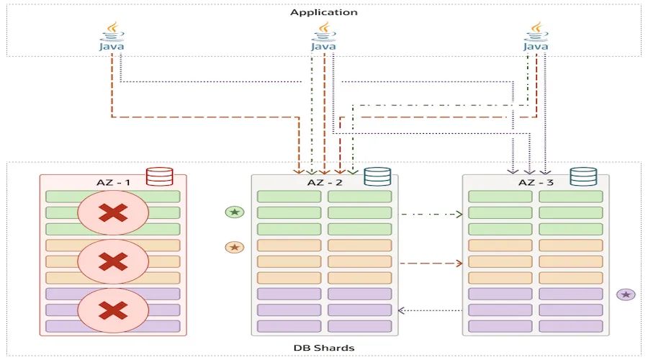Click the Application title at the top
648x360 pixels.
tap(323, 12)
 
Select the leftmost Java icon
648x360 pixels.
tap(112, 37)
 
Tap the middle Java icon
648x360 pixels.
tap(323, 37)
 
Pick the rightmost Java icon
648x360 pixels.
tap(535, 37)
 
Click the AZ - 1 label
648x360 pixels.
tap(113, 182)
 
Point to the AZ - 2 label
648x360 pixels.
tap(324, 182)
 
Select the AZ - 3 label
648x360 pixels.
tap(536, 182)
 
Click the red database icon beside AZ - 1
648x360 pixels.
tap(159, 177)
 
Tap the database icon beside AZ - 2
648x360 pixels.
tap(377, 177)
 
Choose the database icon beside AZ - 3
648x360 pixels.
tap(583, 177)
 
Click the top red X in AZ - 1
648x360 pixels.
tap(113, 213)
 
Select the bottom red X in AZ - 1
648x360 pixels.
tap(113, 310)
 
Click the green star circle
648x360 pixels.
tap(234, 212)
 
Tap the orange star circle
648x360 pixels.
tap(234, 247)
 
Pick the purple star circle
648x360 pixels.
tap(626, 294)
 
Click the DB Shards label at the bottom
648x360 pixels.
tap(323, 348)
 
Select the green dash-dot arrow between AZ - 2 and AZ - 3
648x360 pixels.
tap(430, 214)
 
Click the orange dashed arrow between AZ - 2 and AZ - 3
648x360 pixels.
tap(430, 264)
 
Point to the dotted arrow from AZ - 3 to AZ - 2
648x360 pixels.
tap(430, 310)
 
